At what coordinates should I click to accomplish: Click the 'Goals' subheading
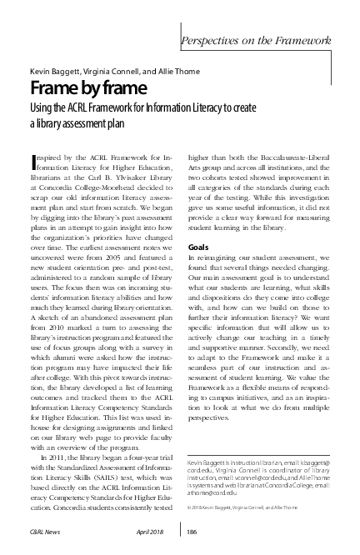click(x=198, y=247)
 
